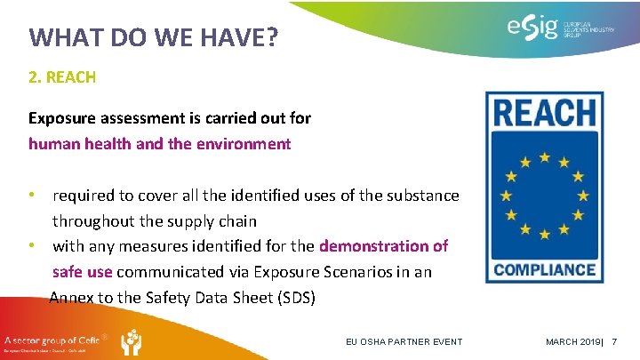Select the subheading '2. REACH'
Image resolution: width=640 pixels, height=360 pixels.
62,77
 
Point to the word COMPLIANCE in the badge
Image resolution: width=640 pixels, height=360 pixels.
544,268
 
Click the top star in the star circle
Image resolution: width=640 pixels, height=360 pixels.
544,157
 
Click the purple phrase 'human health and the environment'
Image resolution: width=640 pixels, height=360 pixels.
159,143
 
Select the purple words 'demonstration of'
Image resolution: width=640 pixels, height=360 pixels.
383,245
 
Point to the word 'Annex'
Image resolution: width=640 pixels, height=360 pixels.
71,298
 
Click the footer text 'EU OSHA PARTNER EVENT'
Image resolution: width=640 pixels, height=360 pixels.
404,342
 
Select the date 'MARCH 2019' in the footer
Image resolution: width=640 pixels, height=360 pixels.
572,342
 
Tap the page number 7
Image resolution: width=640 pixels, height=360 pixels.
614,342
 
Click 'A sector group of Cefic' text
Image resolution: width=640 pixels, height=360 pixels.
53,339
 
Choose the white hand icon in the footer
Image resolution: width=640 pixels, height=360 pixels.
130,341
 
